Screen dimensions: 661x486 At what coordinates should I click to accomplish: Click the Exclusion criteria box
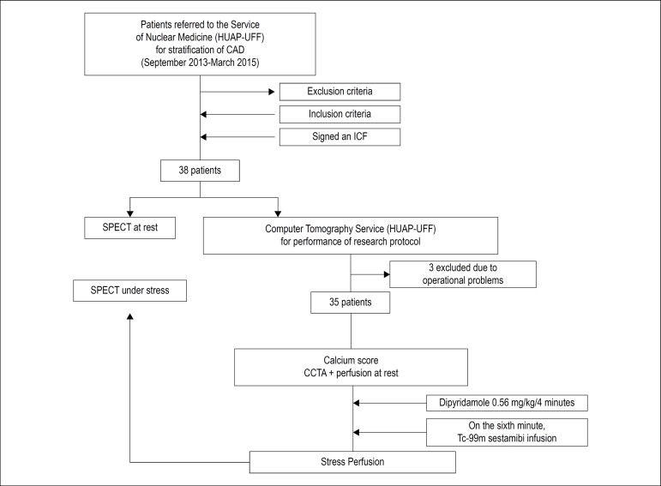point(340,92)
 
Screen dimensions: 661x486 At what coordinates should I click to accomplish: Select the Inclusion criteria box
point(340,114)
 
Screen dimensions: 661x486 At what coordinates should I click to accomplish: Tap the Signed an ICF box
point(340,137)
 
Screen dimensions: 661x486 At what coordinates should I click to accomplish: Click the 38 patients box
point(200,171)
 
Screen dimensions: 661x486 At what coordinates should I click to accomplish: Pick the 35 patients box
point(351,303)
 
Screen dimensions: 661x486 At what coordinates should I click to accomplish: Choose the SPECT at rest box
point(129,228)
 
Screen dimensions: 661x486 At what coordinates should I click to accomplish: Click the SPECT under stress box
point(129,291)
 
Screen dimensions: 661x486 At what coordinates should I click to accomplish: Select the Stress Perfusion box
point(352,462)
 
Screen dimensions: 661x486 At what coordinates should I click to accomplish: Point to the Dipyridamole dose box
point(507,403)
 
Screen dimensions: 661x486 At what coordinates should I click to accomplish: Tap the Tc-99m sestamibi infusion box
point(507,432)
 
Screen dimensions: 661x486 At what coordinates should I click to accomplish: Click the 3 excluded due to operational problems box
point(463,274)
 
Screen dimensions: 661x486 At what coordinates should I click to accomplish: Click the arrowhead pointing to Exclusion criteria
point(272,92)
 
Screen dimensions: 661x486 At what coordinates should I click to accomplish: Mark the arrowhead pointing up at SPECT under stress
point(129,316)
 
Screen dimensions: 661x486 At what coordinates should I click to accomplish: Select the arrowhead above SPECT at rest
point(129,213)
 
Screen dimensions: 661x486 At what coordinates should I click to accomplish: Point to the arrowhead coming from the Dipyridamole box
point(356,403)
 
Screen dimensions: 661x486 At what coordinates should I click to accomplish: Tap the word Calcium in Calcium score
point(337,360)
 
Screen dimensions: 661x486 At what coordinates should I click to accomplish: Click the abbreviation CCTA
point(315,373)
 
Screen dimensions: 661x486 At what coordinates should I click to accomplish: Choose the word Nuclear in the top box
point(171,38)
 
